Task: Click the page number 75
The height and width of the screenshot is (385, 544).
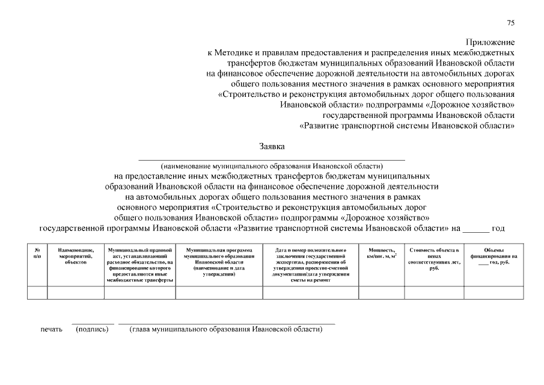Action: (510, 23)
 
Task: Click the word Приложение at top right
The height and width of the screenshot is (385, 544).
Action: (491, 42)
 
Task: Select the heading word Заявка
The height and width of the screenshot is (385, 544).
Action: (272, 146)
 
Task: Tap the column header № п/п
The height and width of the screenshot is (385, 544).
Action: (37, 253)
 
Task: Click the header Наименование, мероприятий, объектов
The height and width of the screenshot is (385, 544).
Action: (76, 256)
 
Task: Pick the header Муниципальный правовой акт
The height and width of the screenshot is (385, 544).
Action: (140, 264)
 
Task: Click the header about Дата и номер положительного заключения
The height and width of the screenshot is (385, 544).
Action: (310, 264)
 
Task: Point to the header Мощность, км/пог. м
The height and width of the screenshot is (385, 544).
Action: (381, 253)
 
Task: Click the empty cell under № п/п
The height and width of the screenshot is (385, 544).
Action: (37, 292)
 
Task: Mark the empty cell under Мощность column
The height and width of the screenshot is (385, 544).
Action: (381, 292)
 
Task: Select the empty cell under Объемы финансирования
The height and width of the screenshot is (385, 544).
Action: (494, 292)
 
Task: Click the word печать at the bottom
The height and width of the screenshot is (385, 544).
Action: (51, 330)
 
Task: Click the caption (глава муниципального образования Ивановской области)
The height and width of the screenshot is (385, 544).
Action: (226, 330)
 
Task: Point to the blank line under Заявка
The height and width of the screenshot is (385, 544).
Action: (272, 159)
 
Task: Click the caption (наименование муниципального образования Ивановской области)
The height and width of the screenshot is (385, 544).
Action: (272, 165)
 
